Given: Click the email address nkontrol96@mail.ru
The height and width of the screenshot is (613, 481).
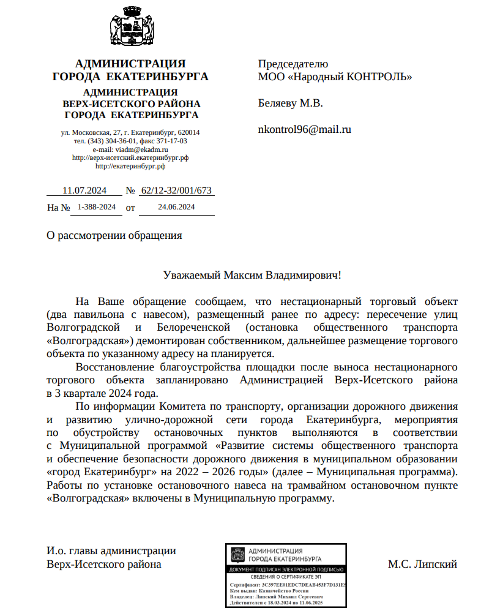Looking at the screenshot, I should pyautogui.click(x=304, y=129).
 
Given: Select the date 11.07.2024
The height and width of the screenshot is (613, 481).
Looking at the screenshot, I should pyautogui.click(x=84, y=190).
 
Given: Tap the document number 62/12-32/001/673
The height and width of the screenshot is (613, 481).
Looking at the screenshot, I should pyautogui.click(x=176, y=190).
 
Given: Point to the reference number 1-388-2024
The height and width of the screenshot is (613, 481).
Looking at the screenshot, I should pyautogui.click(x=96, y=208).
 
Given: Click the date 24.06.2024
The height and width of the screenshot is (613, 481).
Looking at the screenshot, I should pyautogui.click(x=176, y=208).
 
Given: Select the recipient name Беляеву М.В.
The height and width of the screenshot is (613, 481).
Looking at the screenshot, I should pyautogui.click(x=290, y=103).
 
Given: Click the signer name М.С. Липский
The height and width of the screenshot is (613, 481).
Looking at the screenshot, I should pyautogui.click(x=422, y=564).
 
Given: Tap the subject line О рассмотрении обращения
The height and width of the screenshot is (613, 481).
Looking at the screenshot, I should pyautogui.click(x=114, y=235).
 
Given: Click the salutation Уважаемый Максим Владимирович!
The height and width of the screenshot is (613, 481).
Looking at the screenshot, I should pyautogui.click(x=252, y=276).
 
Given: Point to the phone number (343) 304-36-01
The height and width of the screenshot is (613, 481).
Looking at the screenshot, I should pyautogui.click(x=111, y=141).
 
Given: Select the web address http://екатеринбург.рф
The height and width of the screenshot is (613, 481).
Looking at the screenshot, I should pyautogui.click(x=130, y=165).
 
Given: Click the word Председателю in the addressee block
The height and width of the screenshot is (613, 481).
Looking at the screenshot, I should pyautogui.click(x=293, y=64).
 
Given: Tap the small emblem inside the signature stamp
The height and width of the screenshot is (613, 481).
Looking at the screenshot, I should pyautogui.click(x=236, y=555).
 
